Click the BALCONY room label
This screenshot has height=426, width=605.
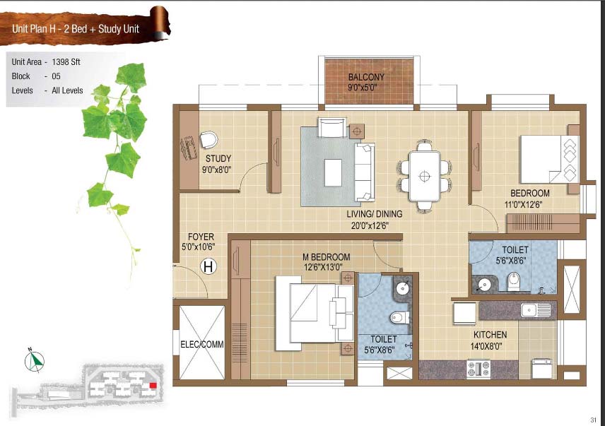366,77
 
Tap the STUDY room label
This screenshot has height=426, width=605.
218,158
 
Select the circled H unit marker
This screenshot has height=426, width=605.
208,266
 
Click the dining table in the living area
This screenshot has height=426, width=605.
425,176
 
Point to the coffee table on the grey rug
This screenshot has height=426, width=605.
333,172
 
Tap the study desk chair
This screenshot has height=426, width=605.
208,140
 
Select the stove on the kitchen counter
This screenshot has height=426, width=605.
478,369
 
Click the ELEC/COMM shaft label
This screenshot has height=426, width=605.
202,344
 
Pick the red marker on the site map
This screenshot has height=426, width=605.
153,385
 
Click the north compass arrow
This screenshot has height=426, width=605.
35,360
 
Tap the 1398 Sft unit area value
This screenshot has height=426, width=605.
66,61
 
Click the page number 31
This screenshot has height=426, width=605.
594,420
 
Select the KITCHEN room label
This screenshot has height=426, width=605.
490,335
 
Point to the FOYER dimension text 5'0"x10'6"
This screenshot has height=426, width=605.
199,247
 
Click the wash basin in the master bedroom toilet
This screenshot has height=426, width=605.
402,287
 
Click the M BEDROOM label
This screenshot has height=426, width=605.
327,256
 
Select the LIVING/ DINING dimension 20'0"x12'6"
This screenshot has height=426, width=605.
370,225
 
